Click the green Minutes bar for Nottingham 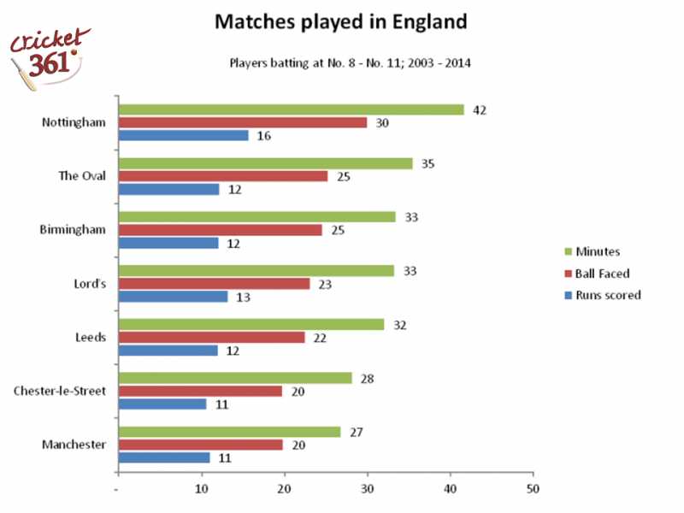click(291, 109)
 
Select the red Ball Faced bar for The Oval click(222, 176)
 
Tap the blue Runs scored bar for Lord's click(173, 297)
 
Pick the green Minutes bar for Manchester click(229, 432)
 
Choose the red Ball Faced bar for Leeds click(211, 337)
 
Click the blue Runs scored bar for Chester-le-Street click(162, 404)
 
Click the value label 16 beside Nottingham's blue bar click(264, 136)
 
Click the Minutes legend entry click(598, 252)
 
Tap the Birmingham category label click(74, 230)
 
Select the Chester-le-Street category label click(59, 391)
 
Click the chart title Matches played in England click(340, 21)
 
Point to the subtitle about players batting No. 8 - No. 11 click(351, 62)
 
